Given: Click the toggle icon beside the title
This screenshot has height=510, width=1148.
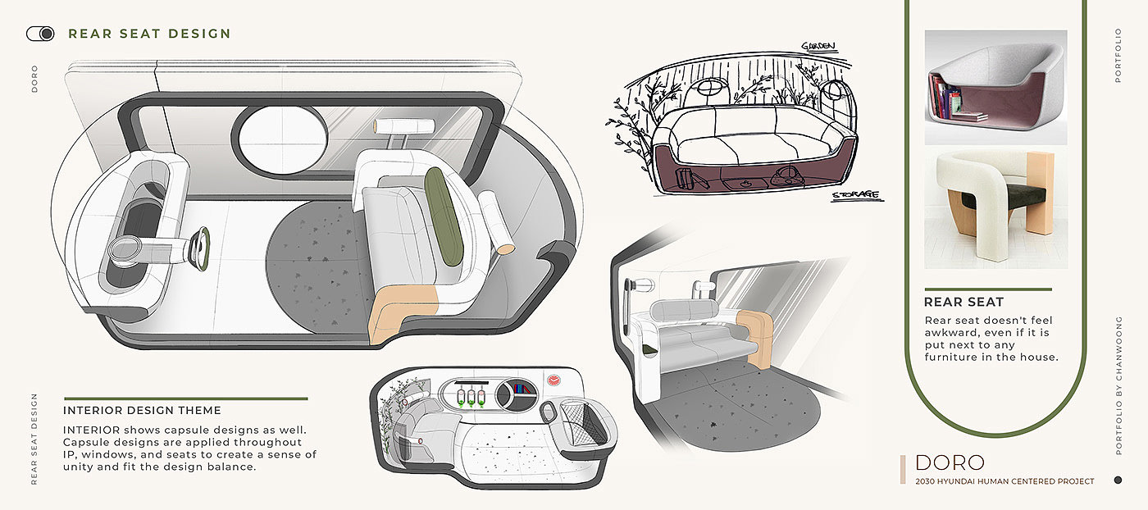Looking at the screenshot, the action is click(x=40, y=34).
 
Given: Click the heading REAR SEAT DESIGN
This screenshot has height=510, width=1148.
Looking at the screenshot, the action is click(x=149, y=34).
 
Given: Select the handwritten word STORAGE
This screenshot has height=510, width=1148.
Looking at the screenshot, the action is click(x=854, y=195).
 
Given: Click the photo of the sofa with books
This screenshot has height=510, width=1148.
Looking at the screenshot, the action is click(x=995, y=88).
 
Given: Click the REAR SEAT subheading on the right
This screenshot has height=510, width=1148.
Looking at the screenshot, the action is click(x=963, y=302).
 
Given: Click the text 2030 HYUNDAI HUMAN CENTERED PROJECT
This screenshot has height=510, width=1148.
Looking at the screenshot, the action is click(x=1004, y=481).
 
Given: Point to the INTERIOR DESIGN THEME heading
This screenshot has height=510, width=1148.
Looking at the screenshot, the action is click(x=142, y=410).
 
